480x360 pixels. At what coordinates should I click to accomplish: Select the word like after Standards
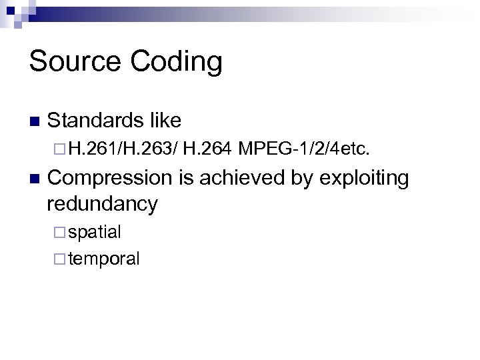164,121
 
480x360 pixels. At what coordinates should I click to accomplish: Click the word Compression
109,179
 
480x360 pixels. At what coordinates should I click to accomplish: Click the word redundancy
103,203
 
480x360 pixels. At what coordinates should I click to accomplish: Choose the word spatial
95,233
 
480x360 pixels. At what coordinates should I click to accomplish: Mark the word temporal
104,259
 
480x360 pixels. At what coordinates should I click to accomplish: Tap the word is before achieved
183,179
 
